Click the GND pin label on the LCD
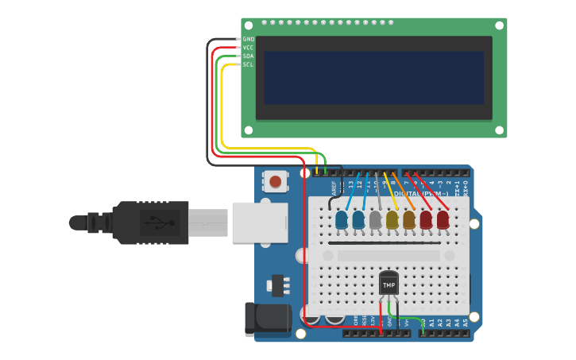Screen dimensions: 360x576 [248, 39]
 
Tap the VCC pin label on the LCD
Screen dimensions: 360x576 [248, 48]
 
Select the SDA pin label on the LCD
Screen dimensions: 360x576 [248, 56]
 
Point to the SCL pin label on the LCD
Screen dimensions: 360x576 [248, 64]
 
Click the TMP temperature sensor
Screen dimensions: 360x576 [389, 284]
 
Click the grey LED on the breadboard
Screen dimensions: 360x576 [376, 220]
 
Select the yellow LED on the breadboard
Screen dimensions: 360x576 [392, 220]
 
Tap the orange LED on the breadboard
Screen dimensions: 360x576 [409, 219]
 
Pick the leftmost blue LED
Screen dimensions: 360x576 [342, 220]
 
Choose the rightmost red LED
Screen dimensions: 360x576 [443, 219]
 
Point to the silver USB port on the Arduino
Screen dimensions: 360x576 [259, 222]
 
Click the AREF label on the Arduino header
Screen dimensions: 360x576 [334, 188]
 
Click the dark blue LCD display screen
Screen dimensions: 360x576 [373, 78]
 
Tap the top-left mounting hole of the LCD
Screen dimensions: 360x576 [249, 26]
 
